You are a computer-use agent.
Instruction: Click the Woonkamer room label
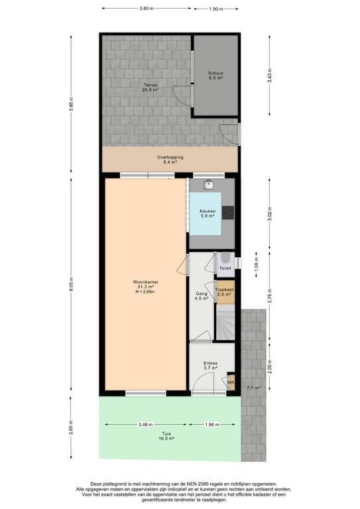coord(145,282)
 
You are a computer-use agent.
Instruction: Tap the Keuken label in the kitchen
coord(208,211)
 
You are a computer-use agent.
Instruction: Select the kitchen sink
coord(209,185)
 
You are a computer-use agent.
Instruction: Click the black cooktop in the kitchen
coord(228,213)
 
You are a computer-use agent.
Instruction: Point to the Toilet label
coord(225,268)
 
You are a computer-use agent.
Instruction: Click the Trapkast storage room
coord(224,292)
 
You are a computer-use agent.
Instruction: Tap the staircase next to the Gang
coord(225,322)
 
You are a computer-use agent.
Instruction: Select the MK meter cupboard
coord(231,382)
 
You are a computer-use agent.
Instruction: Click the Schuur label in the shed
coord(216,74)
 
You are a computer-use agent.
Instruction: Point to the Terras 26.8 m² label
coord(150,87)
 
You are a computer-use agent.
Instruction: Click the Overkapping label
coord(170,157)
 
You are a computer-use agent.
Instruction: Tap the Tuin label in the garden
coord(167,433)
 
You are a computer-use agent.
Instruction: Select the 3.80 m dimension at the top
coord(147,9)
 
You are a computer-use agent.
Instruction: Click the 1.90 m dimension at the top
coord(216,9)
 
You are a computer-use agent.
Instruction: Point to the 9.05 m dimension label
coord(72,285)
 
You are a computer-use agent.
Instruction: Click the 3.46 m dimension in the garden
coord(146,424)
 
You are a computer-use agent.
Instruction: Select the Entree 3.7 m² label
coord(210,366)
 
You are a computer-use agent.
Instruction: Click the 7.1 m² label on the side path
coord(253,388)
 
